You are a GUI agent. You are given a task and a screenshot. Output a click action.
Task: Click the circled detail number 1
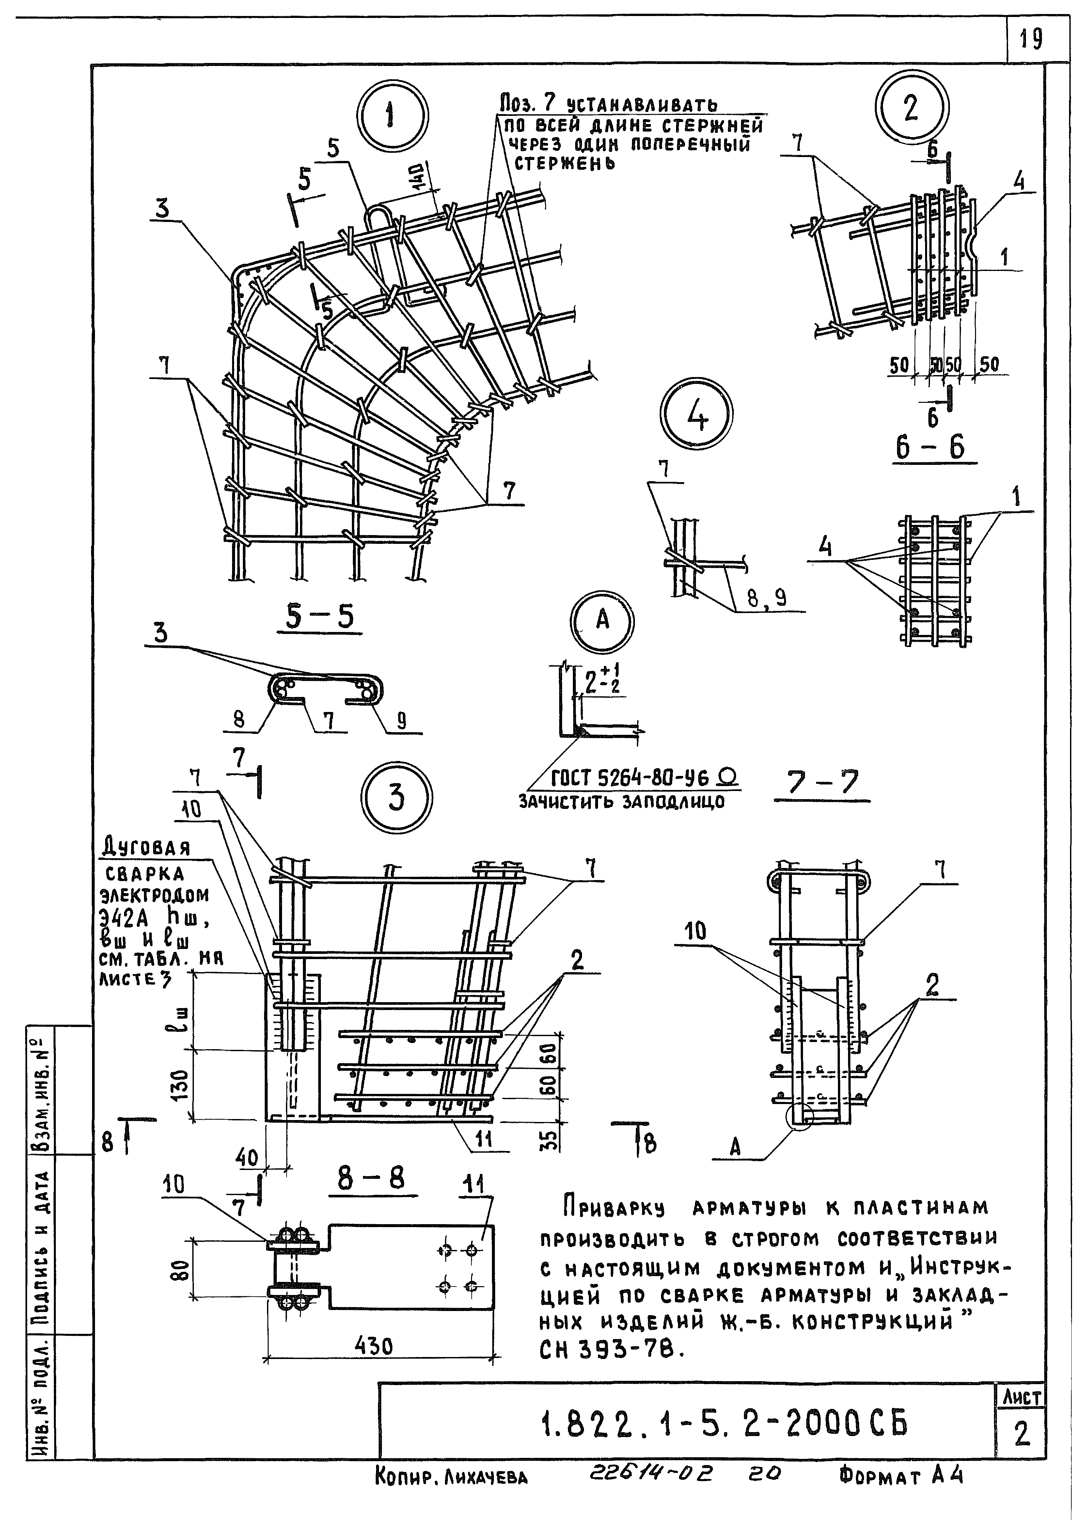(x=392, y=115)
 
